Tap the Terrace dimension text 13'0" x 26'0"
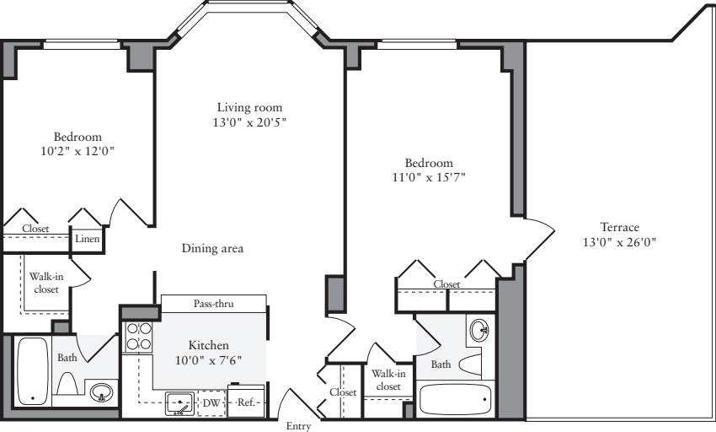619,242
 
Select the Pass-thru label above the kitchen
213,304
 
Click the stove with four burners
138,336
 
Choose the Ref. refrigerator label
246,403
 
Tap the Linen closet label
88,239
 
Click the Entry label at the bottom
299,426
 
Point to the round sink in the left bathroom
102,393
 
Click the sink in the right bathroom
478,329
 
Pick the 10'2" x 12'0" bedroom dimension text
77,152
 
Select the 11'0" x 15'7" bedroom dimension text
429,177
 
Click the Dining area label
212,248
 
